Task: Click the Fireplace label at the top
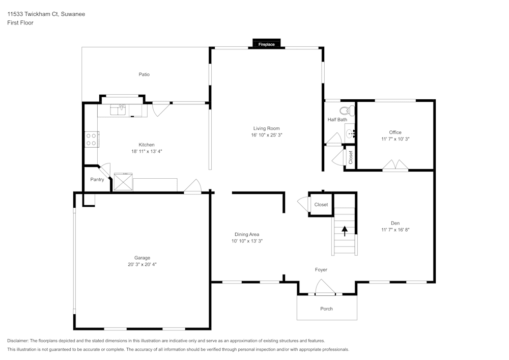pos(266,45)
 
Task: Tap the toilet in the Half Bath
pos(345,110)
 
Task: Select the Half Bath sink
pos(350,133)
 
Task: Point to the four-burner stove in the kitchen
pos(92,140)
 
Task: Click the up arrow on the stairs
pos(345,231)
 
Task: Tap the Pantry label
pos(97,180)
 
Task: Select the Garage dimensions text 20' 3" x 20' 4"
pos(143,264)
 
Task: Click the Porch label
pos(326,309)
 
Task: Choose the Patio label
pos(144,74)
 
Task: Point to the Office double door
pos(395,165)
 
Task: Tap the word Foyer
pos(321,269)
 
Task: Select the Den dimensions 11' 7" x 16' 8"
pos(395,230)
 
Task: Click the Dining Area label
pos(247,234)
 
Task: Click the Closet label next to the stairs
pos(321,205)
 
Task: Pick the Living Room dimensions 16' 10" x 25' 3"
pos(267,135)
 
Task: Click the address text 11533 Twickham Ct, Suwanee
pos(46,14)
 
